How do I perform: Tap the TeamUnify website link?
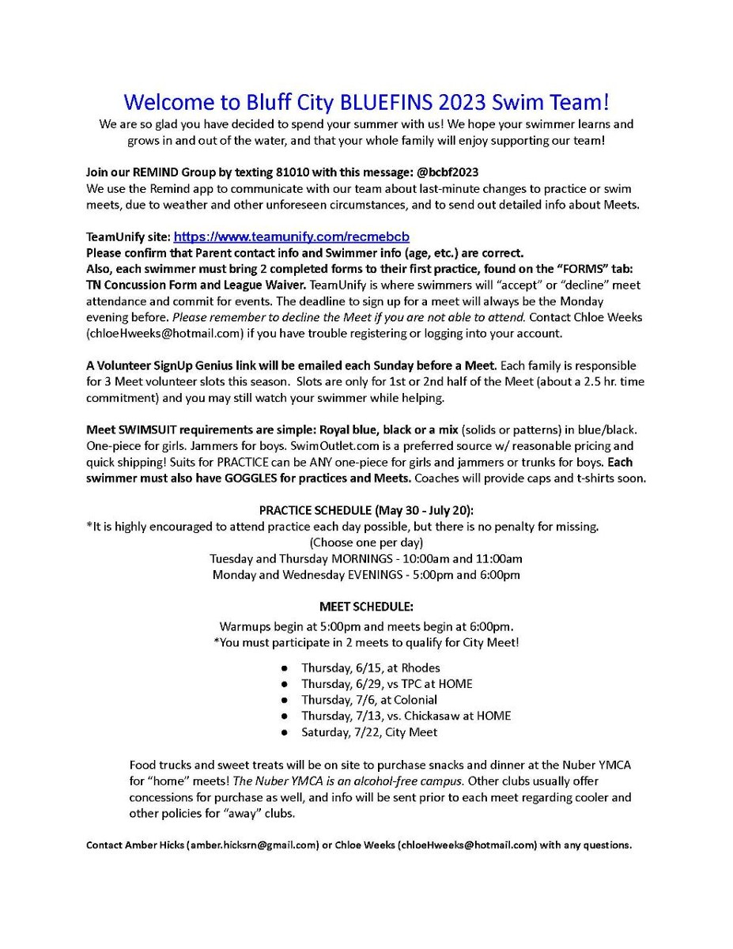(291, 236)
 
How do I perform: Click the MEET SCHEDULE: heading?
(366, 607)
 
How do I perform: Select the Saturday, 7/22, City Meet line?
(368, 732)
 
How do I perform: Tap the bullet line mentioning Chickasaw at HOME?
(406, 716)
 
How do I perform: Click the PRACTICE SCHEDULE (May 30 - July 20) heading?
(366, 510)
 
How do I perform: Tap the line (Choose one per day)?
(366, 543)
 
